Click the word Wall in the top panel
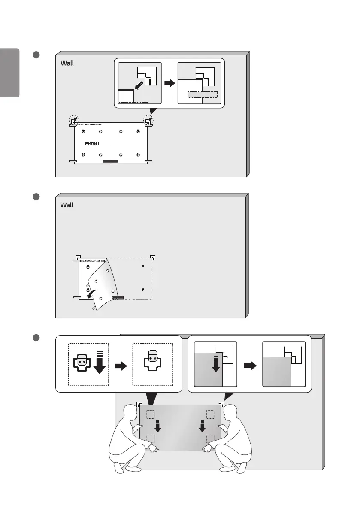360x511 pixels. point(67,63)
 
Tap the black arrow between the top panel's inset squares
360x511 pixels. point(169,83)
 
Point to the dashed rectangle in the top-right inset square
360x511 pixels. point(203,95)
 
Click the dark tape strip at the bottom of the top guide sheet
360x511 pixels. point(110,162)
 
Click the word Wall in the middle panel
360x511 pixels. point(67,205)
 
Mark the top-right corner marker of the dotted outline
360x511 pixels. point(153,257)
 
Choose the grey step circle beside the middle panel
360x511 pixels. point(36,197)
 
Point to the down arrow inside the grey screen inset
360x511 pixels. point(216,363)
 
